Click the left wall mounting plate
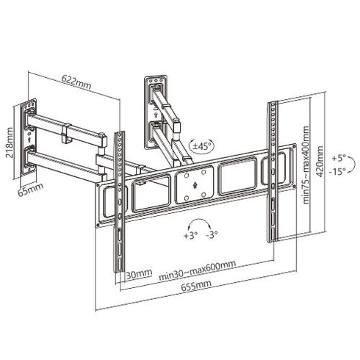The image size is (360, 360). [28, 136]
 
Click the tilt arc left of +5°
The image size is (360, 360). [328, 165]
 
